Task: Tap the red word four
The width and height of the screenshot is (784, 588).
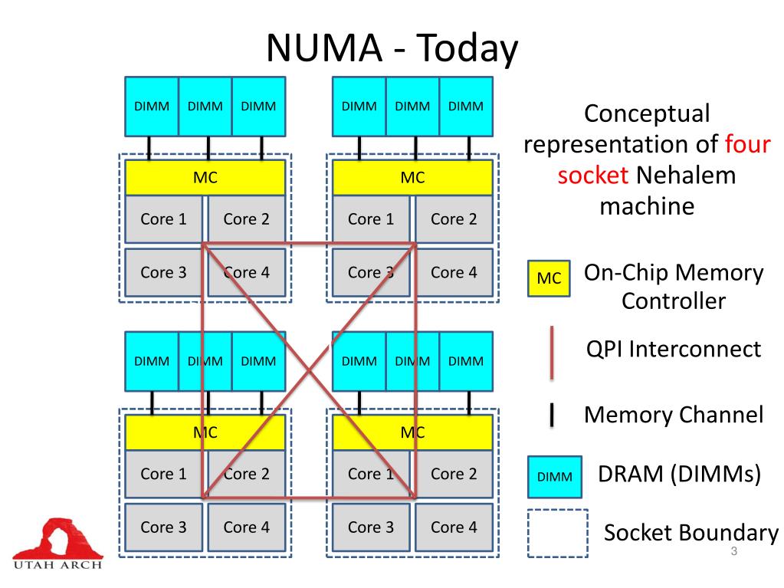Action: [747, 144]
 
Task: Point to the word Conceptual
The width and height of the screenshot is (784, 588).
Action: [647, 113]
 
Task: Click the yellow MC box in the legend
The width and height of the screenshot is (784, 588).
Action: [549, 278]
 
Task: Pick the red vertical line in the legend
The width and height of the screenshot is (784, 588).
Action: [552, 353]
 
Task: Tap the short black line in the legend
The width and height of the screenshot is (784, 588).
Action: [552, 415]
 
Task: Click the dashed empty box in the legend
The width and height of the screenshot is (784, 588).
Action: [557, 534]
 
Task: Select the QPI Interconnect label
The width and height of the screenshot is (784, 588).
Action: [673, 349]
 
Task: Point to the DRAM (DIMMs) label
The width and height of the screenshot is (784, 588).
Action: [679, 475]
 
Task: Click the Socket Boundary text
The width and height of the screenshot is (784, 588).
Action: [691, 533]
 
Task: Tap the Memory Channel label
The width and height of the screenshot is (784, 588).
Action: [674, 415]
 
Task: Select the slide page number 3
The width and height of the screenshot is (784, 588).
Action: [733, 554]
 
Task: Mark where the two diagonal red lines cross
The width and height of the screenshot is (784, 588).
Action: [309, 371]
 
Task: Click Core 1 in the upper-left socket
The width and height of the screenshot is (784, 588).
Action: [163, 219]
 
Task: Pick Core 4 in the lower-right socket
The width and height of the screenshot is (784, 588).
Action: [454, 527]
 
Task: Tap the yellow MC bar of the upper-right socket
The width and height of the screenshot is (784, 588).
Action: [412, 178]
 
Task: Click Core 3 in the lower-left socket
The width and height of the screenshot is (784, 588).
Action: [163, 527]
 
